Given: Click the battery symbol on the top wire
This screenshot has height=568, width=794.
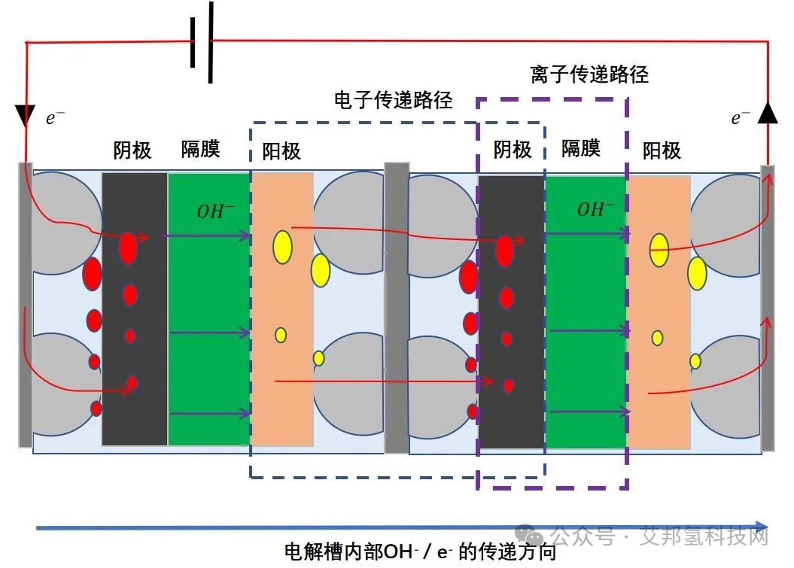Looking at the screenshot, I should pos(202,42).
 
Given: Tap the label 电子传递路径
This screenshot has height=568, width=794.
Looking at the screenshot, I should pos(393,99).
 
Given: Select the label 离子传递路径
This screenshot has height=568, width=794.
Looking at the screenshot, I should pos(589,74).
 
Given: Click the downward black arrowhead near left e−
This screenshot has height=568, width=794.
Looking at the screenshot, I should pos(25,116).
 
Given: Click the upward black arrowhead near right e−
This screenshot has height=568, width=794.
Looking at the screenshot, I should pos(767,113).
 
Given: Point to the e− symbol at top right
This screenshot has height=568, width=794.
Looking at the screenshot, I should pos(741,117).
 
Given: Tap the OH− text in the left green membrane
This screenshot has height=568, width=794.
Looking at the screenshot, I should pos(214,211).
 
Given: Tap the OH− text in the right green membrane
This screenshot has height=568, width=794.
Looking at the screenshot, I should pos(595,209).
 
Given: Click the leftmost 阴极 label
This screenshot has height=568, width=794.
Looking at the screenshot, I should pos(132,150).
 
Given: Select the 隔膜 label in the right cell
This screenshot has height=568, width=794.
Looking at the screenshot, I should pos(581,148).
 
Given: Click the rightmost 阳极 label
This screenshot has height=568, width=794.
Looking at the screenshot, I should pos(662,150).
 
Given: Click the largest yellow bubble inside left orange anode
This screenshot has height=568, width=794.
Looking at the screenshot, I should pos(282,248).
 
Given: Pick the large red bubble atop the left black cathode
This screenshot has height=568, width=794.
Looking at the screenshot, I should pos(128,248).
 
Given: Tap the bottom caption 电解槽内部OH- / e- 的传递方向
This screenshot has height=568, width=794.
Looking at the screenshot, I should pos(421,552).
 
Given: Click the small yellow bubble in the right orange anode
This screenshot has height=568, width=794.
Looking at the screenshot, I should pos(657,338).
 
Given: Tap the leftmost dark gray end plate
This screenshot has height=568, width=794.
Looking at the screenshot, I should pos(25,305).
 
